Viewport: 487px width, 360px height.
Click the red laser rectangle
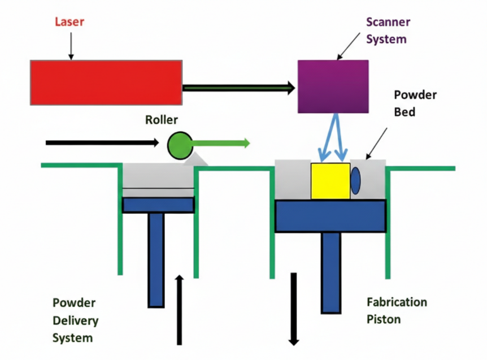click(x=106, y=83)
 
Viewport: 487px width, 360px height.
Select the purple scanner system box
click(x=333, y=86)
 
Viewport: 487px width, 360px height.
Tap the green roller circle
click(x=180, y=145)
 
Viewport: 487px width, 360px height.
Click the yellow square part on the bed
click(x=331, y=181)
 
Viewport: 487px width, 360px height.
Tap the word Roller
click(x=161, y=120)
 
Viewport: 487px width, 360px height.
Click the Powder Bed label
click(x=415, y=103)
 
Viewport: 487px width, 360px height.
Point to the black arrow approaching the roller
click(x=102, y=142)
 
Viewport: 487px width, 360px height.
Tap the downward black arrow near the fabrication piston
click(x=294, y=309)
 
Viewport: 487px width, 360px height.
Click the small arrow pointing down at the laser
click(x=71, y=46)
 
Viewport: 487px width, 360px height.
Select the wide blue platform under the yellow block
click(x=331, y=215)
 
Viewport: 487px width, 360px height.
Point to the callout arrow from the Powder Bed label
click(x=377, y=142)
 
